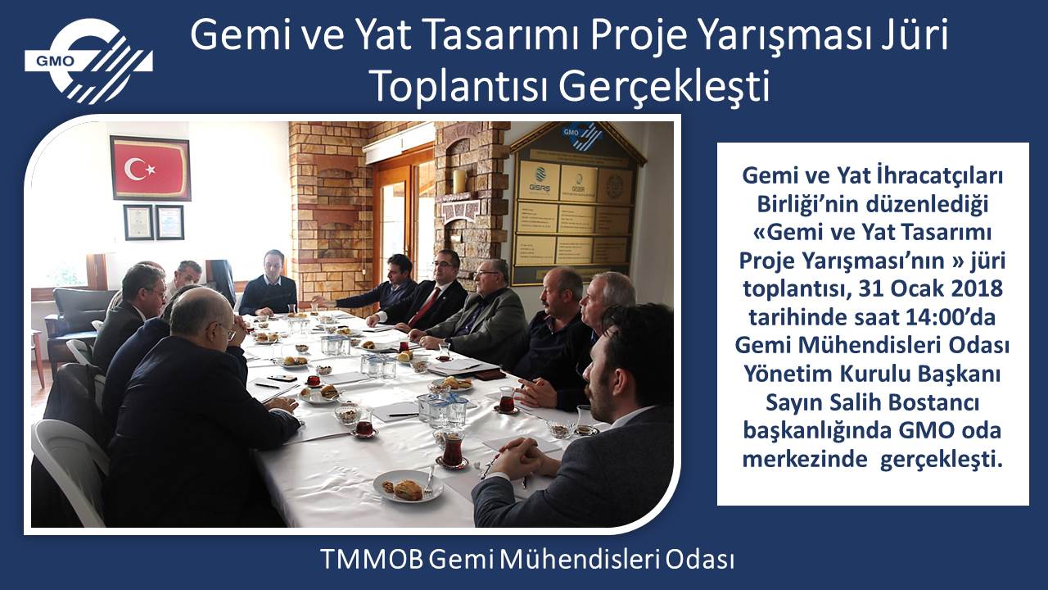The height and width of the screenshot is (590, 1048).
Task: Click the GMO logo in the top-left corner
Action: (89, 61)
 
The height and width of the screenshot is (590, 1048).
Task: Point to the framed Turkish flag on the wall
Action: (150, 168)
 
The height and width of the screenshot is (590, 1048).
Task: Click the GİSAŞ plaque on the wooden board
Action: (540, 179)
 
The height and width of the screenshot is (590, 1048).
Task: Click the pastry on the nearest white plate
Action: (407, 490)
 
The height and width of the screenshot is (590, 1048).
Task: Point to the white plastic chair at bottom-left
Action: (70, 468)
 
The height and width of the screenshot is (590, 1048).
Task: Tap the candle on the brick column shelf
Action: (459, 181)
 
